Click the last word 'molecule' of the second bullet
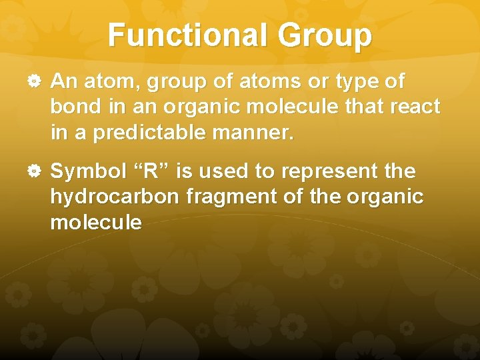click(95, 223)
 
